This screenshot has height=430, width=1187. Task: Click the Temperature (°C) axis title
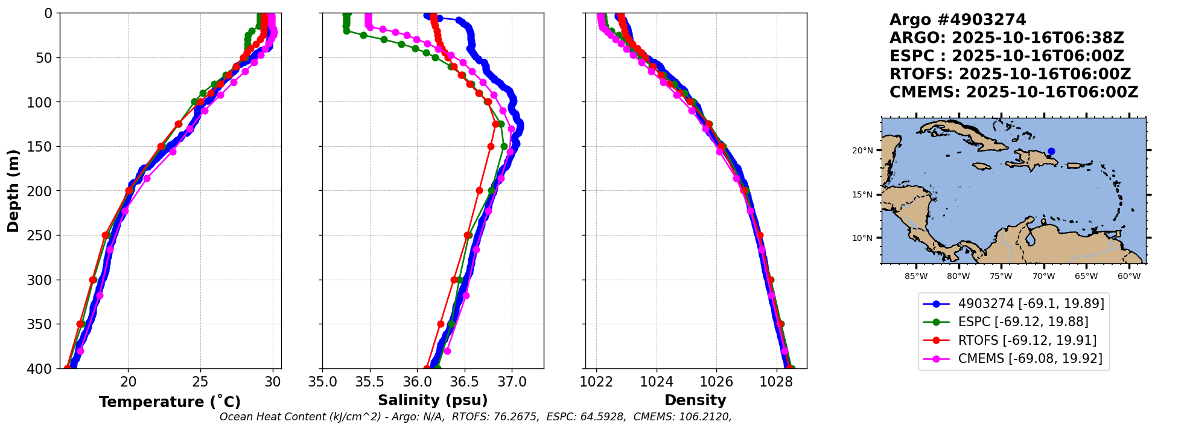(x=170, y=402)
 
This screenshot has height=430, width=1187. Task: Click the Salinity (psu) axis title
(x=433, y=400)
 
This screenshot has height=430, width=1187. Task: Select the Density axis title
(x=695, y=400)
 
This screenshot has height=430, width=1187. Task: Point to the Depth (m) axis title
(x=13, y=191)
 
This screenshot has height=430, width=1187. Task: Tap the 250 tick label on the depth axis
(x=43, y=236)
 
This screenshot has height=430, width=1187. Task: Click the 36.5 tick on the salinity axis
(x=465, y=382)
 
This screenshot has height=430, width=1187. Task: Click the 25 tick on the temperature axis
(x=200, y=382)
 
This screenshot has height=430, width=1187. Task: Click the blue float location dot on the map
(x=1051, y=152)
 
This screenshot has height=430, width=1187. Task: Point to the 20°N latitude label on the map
(x=862, y=150)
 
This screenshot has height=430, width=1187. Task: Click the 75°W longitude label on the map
(x=1001, y=277)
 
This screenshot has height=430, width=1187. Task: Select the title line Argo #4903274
(x=958, y=20)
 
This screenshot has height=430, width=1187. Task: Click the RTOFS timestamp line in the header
(x=1010, y=74)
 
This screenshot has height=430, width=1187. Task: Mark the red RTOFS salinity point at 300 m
(x=454, y=280)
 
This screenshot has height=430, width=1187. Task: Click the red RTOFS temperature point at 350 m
(x=80, y=324)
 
